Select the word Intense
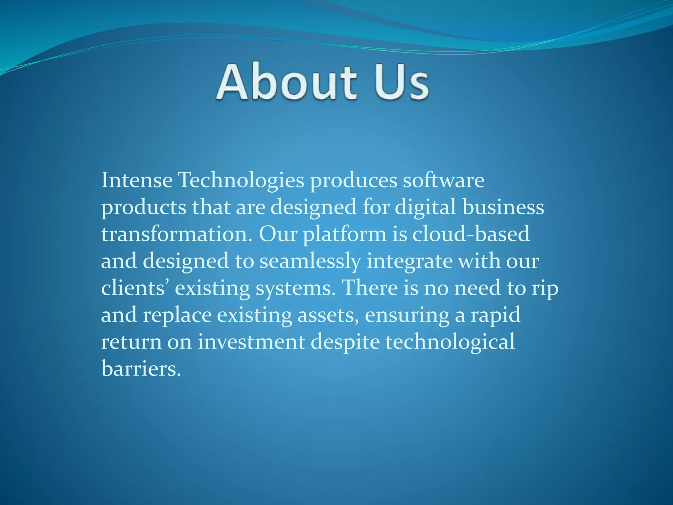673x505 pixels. (137, 180)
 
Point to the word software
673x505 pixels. (443, 180)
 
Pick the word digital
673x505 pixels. (425, 208)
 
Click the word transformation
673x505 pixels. (177, 234)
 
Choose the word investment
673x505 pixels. (251, 342)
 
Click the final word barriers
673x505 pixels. (141, 369)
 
